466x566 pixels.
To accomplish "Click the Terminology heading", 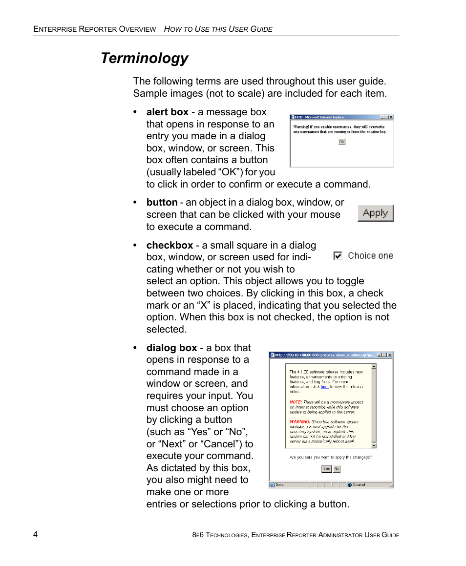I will pos(144,58).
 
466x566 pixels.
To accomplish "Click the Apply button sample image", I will pos(375,213).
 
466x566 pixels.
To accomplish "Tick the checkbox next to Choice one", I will pos(338,256).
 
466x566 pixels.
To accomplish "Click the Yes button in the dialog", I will pos(326,469).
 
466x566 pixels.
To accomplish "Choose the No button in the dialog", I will pos(337,469).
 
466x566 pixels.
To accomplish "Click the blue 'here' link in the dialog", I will pos(324,386).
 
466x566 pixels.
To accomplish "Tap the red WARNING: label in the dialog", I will pos(299,421).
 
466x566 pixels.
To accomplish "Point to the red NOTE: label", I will pos(295,402).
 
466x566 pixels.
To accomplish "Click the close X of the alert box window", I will pos(390,117).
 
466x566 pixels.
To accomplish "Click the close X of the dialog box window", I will pos(389,355).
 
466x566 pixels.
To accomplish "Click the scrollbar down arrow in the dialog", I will pos(374,445).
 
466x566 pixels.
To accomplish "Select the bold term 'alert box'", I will pos(167,112).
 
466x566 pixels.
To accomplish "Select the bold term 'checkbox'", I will pos(169,245).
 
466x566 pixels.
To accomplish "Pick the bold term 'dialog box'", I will pos(171,348).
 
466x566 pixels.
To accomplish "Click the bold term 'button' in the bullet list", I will pos(162,202).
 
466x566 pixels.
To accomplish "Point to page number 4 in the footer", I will pos(36,534).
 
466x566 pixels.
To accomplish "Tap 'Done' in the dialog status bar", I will pos(279,485).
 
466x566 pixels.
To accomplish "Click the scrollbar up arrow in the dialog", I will pos(374,366).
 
